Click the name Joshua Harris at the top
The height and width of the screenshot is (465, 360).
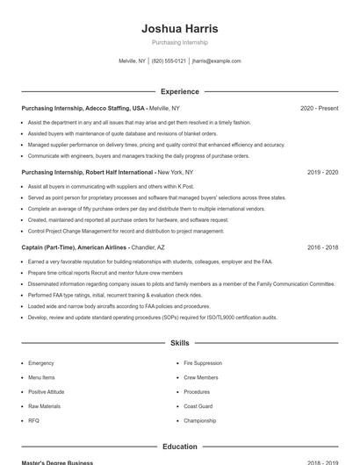click(x=179, y=29)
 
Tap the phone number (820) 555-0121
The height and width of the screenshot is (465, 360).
click(x=169, y=61)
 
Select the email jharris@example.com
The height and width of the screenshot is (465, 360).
click(x=216, y=61)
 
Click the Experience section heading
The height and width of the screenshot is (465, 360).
click(x=179, y=91)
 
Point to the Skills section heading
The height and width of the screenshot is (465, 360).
click(x=179, y=343)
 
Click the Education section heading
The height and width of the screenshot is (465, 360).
click(x=179, y=447)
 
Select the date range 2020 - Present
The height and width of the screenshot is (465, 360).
click(x=319, y=108)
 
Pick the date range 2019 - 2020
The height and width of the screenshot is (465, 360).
click(x=322, y=173)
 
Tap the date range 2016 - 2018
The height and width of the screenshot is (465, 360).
click(x=322, y=248)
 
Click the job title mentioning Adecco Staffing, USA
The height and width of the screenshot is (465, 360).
click(x=83, y=108)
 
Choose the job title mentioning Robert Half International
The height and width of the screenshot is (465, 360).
click(x=88, y=173)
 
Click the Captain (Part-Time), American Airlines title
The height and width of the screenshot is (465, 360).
click(x=75, y=248)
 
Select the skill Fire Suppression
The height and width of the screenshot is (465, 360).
click(x=202, y=363)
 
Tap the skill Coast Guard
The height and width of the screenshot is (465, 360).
click(x=198, y=406)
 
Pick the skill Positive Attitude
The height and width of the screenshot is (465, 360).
click(x=46, y=392)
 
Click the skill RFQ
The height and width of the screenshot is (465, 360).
click(x=33, y=421)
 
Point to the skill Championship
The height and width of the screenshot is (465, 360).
click(x=199, y=421)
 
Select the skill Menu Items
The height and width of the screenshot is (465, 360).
click(x=41, y=377)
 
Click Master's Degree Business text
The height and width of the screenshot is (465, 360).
click(x=57, y=462)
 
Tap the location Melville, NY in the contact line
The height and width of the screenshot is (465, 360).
click(x=132, y=61)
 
